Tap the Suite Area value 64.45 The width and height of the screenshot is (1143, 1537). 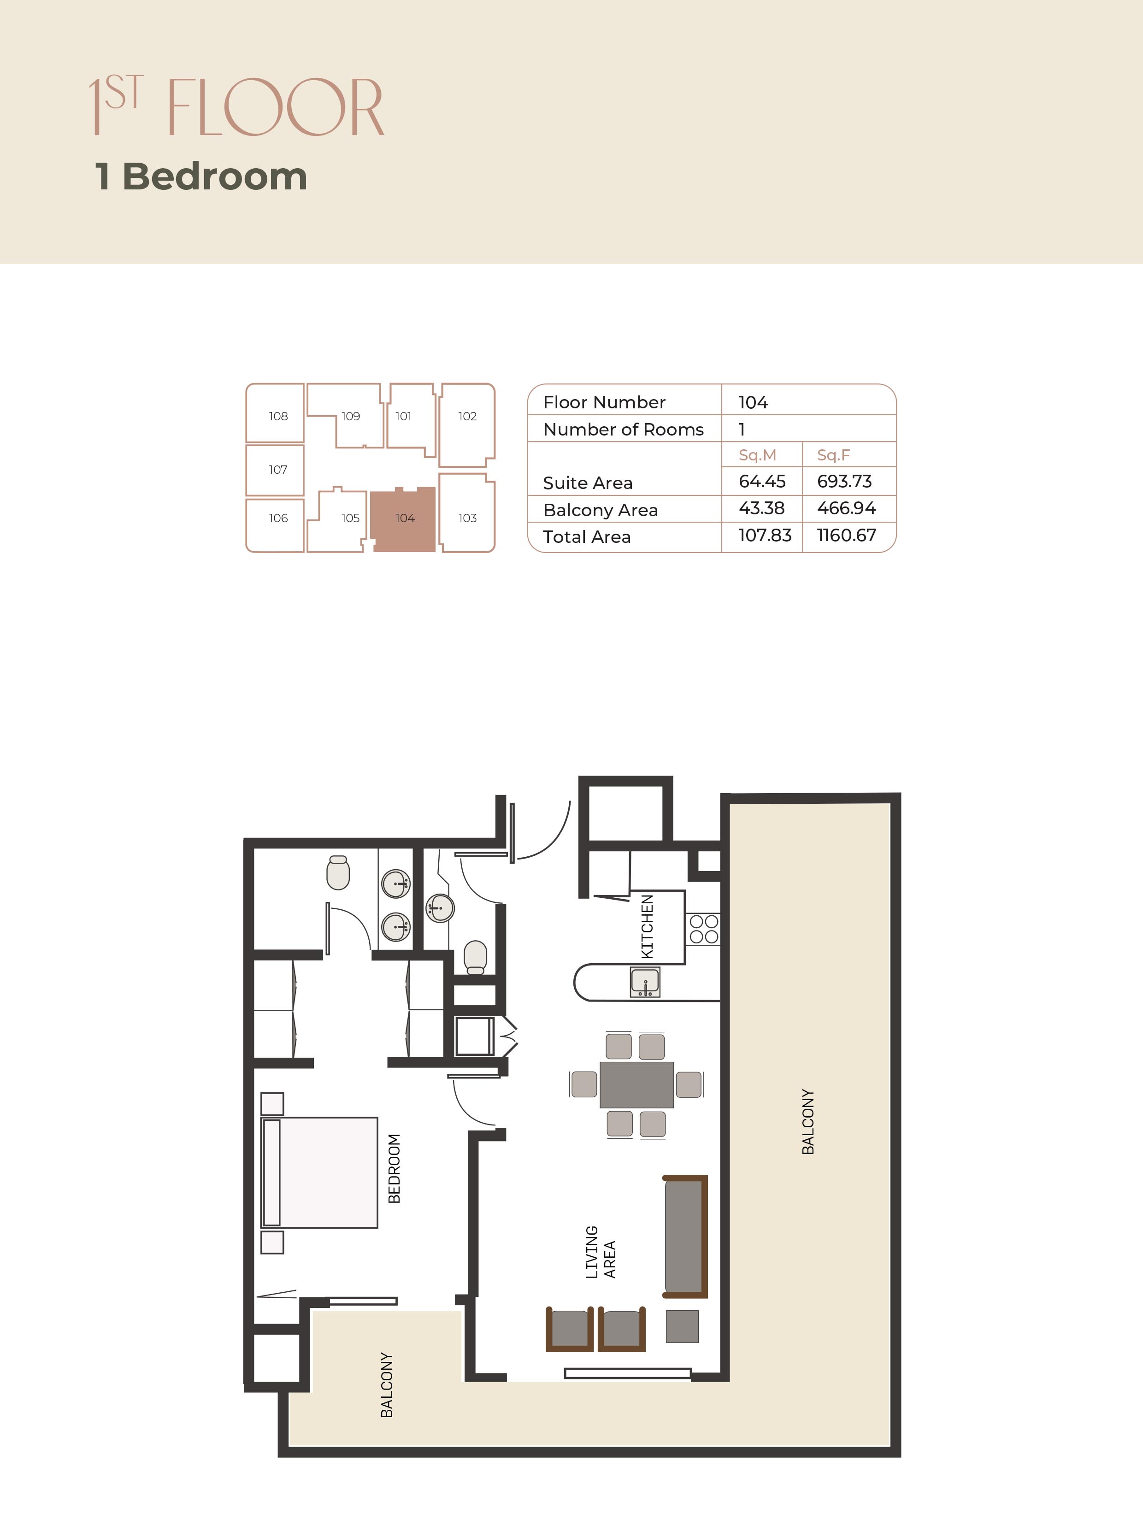[x=762, y=482]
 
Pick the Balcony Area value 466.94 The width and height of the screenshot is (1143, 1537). [x=846, y=508]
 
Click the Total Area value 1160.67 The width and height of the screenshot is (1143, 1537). [x=846, y=536]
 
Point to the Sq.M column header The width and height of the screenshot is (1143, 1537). [x=758, y=455]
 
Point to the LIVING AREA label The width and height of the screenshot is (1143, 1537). [x=601, y=1252]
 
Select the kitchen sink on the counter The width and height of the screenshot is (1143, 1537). [x=645, y=982]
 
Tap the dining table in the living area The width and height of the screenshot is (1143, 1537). [x=636, y=1084]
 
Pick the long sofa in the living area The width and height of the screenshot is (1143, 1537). [x=685, y=1236]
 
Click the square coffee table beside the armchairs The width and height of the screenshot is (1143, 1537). [x=682, y=1326]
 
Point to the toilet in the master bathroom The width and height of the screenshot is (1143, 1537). [x=338, y=872]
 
